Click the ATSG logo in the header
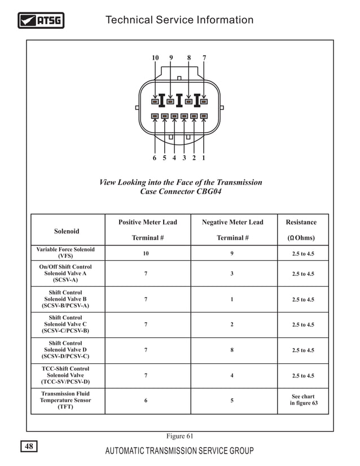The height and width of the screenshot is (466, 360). click(x=41, y=21)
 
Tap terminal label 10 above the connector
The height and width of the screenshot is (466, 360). click(x=155, y=58)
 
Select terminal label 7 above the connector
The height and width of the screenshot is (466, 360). click(x=204, y=58)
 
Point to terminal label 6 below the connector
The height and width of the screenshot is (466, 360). click(x=155, y=158)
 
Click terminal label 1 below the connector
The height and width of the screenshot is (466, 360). click(x=204, y=158)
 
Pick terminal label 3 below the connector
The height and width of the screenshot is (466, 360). click(x=184, y=158)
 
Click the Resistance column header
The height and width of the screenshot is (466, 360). click(x=301, y=222)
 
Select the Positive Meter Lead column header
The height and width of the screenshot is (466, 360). click(x=147, y=222)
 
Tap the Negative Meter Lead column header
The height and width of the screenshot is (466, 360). click(x=232, y=222)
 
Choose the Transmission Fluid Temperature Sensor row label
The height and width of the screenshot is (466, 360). click(x=65, y=401)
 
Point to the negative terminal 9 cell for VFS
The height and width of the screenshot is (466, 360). click(x=232, y=254)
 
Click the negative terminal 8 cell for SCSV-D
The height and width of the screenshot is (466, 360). click(x=232, y=350)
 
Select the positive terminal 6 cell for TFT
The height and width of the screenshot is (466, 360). click(x=146, y=401)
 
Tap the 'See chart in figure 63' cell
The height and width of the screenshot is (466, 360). click(x=303, y=400)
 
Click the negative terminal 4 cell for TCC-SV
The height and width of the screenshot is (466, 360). click(x=232, y=376)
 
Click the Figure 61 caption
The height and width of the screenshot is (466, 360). click(x=179, y=436)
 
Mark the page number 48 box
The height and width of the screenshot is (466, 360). click(x=29, y=447)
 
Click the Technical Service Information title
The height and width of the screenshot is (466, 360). click(x=179, y=20)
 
